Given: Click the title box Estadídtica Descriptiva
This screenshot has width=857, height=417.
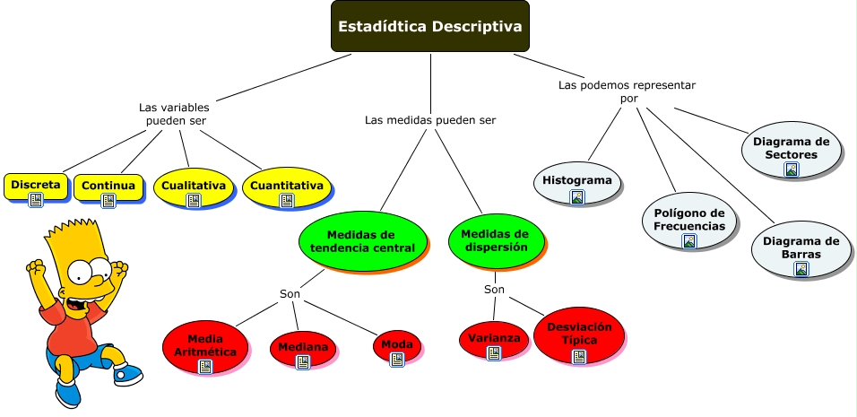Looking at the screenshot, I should click(429, 26).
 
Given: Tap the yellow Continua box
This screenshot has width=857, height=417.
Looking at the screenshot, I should click(108, 187).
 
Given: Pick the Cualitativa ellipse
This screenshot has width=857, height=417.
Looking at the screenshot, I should click(193, 187).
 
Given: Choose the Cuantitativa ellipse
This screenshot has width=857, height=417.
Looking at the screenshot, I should click(287, 187).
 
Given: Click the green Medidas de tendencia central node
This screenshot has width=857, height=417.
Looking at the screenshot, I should click(362, 240).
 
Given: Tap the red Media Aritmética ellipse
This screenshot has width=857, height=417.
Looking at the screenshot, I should click(205, 346).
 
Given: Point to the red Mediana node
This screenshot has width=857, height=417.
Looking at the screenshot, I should click(303, 347).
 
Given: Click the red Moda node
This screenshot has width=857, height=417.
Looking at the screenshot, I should click(397, 344).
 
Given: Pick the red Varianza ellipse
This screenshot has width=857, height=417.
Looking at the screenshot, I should click(493, 338).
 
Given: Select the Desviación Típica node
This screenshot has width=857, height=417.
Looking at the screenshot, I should click(578, 334).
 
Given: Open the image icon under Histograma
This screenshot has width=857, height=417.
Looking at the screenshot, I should click(577, 197).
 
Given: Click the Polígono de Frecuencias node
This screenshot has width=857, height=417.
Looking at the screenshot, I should click(689, 220).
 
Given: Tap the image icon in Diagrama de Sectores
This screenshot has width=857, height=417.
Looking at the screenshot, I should click(792, 169).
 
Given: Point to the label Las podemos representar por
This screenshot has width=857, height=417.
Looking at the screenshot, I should click(628, 91).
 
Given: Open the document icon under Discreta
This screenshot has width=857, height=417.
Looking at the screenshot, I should click(37, 201).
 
